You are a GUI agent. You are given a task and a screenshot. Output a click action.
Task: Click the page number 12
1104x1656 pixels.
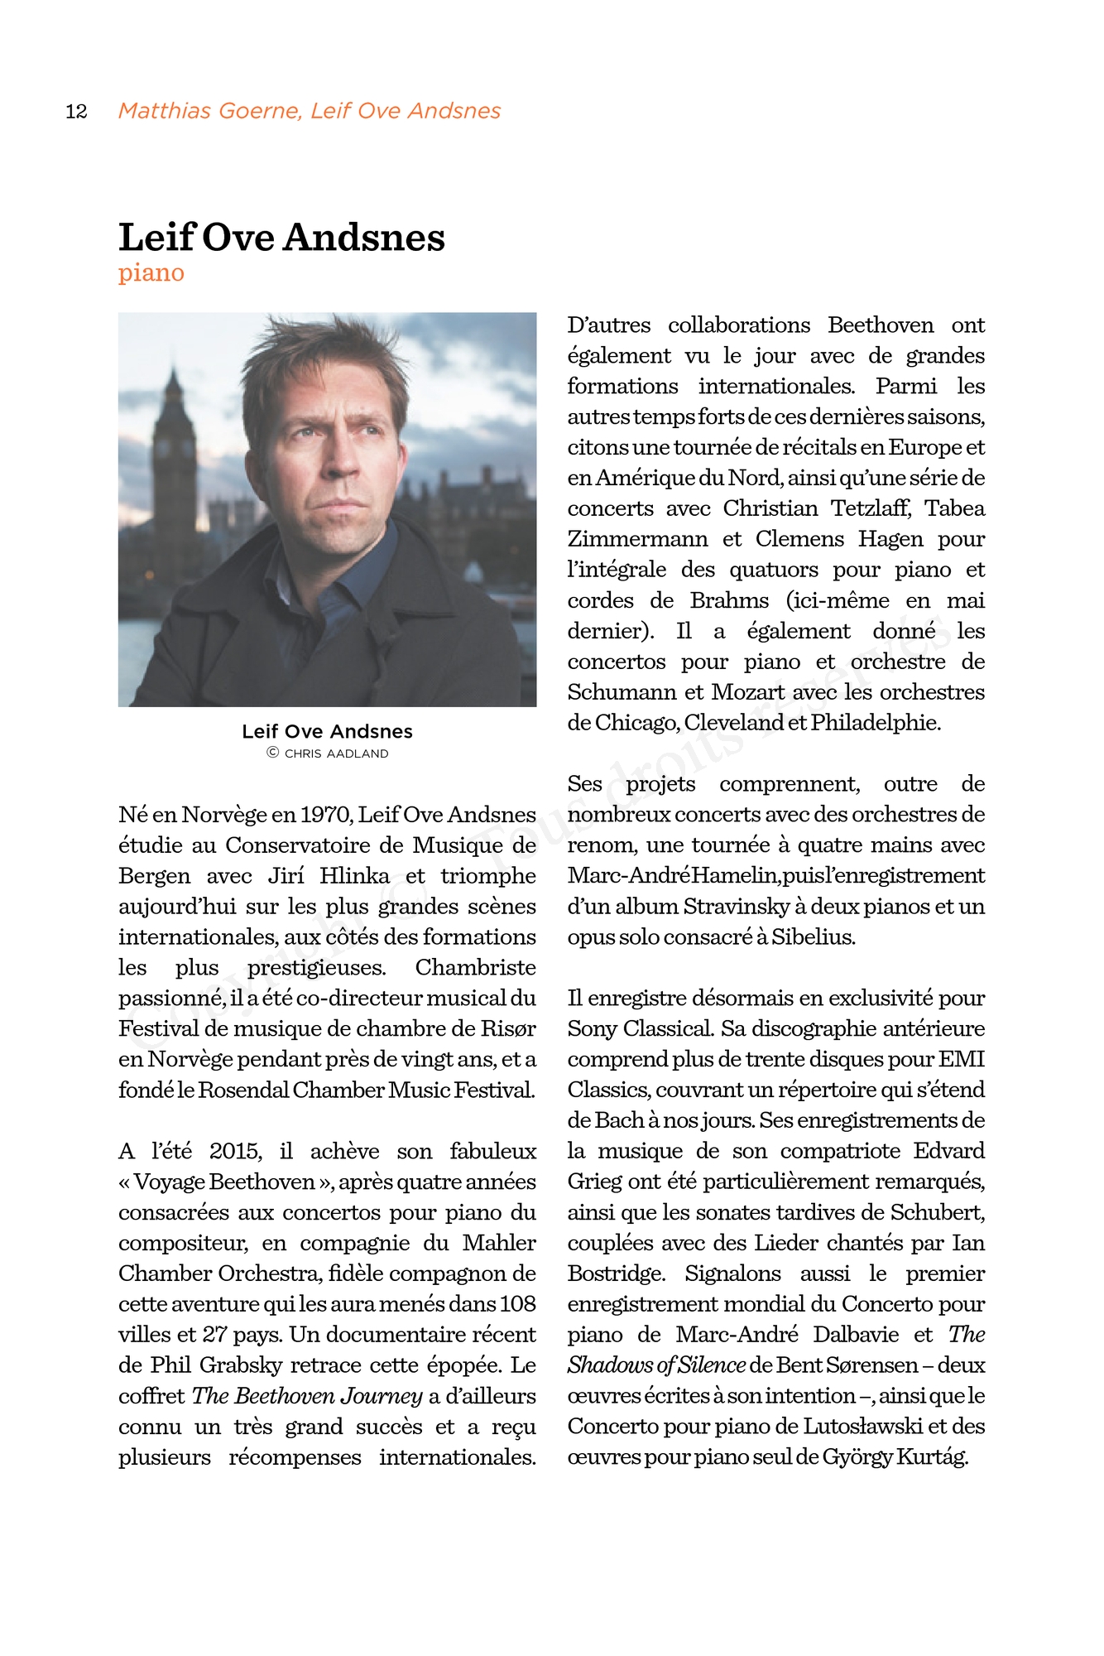click(x=76, y=112)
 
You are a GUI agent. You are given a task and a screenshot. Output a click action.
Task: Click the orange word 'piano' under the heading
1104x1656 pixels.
click(x=151, y=272)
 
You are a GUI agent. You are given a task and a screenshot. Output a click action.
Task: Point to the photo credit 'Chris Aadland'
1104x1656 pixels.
click(x=336, y=753)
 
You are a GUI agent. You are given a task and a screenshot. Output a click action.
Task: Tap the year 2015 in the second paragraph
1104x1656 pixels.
click(x=235, y=1152)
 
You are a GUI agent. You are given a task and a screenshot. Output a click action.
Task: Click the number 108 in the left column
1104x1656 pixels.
click(x=517, y=1304)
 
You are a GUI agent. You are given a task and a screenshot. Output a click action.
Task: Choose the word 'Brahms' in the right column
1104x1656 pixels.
click(x=729, y=600)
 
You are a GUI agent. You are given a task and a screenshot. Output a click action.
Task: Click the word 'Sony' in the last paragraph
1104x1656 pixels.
click(x=592, y=1029)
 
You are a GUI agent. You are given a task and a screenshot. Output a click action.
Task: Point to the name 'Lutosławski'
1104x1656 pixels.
click(x=861, y=1427)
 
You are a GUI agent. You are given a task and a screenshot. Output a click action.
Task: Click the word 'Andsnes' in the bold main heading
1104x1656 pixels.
click(x=365, y=238)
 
